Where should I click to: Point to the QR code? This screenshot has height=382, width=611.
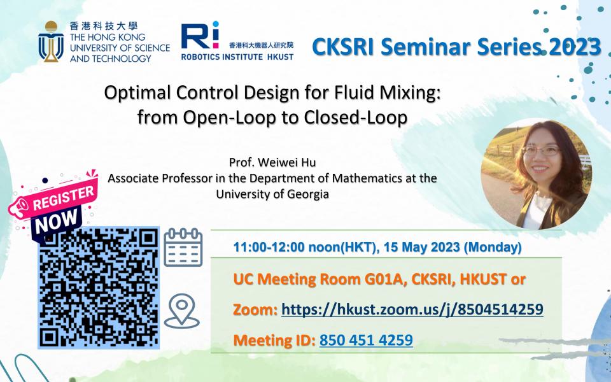point(98,286)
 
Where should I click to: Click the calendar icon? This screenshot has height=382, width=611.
point(183,248)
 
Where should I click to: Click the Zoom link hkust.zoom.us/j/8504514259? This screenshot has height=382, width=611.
point(412,309)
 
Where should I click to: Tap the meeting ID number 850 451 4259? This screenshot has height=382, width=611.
point(366,340)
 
